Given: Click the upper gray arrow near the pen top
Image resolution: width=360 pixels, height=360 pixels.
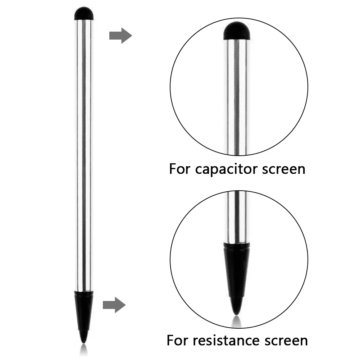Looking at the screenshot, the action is (120, 36).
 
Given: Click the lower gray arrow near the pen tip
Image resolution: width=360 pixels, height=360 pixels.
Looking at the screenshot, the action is (114, 305).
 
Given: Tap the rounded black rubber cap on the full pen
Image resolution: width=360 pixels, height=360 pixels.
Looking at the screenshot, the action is (84, 14).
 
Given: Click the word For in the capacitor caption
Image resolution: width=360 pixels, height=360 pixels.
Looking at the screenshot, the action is (180, 168).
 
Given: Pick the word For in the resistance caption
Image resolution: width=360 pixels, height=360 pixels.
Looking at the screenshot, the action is (177, 340).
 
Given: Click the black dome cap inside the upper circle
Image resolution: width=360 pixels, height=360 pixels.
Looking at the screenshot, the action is (237, 31).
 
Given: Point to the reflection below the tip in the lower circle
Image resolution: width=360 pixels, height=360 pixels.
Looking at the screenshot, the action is (236, 319).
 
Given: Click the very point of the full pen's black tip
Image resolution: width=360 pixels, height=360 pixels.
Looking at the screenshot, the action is (84, 342).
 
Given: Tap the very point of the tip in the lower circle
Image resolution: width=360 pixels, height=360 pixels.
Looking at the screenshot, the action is (236, 313).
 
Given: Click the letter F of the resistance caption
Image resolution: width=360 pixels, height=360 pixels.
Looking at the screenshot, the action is (170, 340).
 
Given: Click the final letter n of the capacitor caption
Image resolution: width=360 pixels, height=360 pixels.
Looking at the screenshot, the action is (301, 169).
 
